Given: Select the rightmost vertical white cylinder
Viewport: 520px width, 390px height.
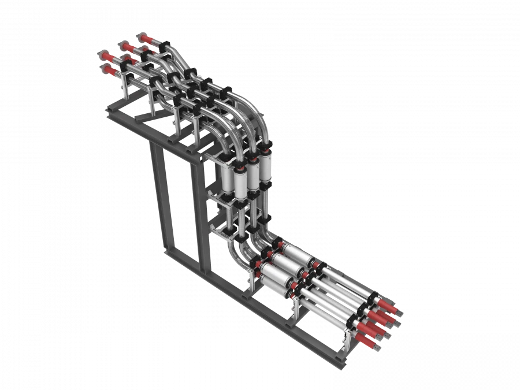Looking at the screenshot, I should (265, 168).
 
